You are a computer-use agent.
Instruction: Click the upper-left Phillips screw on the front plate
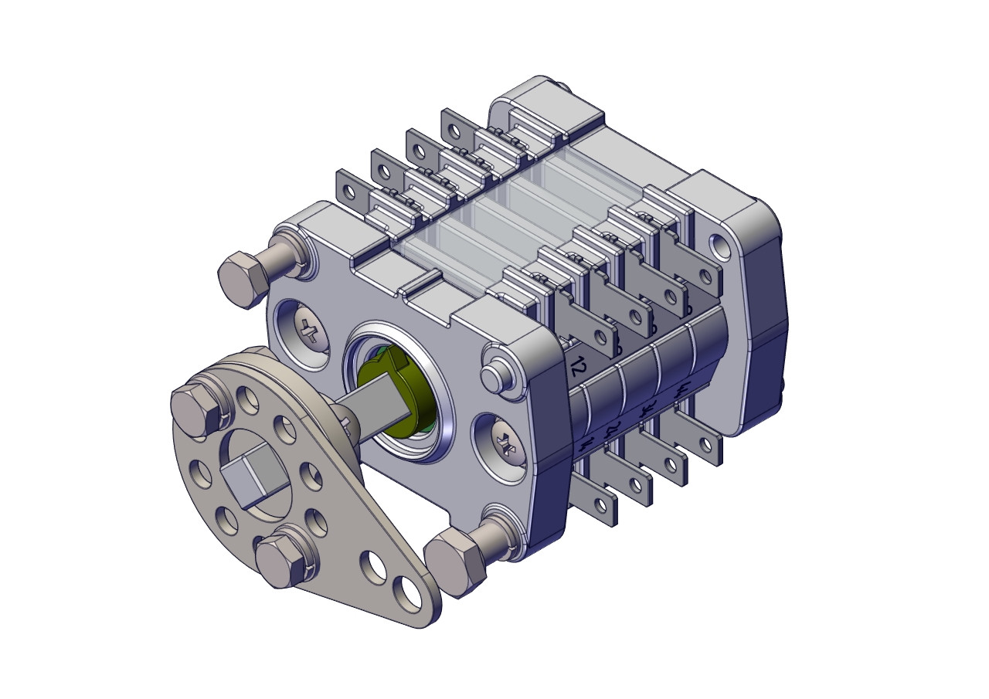click(311, 332)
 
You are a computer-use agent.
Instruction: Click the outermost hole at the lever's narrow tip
click(406, 593)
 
